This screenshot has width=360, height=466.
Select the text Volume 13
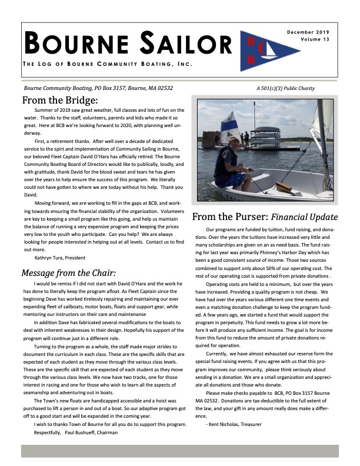[317, 41]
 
